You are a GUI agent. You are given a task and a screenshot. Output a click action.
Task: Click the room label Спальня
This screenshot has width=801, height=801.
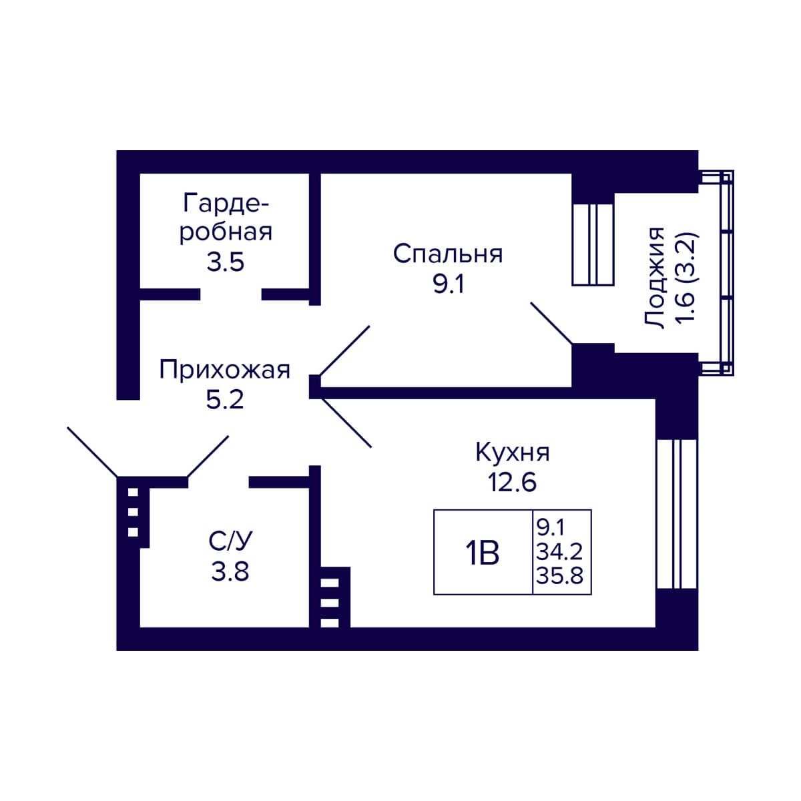[x=448, y=254]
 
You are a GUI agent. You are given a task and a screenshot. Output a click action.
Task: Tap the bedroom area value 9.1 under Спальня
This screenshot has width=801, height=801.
[x=448, y=285]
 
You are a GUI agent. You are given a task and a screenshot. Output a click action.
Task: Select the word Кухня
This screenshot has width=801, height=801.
[x=513, y=453]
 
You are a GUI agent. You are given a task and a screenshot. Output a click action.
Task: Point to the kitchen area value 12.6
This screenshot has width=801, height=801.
[x=513, y=483]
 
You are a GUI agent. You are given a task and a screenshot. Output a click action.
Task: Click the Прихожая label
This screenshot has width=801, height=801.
[x=224, y=370]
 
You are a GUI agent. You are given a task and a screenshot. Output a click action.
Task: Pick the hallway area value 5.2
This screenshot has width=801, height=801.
[x=224, y=400]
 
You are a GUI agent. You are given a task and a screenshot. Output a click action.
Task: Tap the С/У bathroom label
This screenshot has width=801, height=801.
[x=230, y=541]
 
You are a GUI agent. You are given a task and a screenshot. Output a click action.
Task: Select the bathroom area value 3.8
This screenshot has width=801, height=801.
[x=230, y=571]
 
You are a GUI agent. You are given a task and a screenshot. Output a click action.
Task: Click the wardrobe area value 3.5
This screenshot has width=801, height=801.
[x=226, y=262]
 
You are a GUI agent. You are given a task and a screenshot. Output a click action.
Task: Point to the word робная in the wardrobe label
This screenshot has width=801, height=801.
[x=226, y=232]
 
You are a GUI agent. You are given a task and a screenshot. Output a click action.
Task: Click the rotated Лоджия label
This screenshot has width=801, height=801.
[x=654, y=278]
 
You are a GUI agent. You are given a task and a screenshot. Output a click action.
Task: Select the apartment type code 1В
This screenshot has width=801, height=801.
[x=482, y=553]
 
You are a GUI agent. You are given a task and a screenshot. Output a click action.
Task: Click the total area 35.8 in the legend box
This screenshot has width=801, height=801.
[x=559, y=575]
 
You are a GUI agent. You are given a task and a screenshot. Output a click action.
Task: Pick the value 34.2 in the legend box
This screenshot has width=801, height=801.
[x=559, y=552]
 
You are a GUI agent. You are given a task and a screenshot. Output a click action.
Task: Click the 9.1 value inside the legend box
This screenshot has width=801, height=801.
[x=550, y=528]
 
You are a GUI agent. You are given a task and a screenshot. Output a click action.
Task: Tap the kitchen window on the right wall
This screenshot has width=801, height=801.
[x=677, y=513]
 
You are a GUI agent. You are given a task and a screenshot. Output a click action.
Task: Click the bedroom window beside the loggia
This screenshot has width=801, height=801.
[x=593, y=244]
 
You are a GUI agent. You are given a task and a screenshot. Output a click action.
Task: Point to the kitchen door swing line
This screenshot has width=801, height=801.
[x=346, y=423]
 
